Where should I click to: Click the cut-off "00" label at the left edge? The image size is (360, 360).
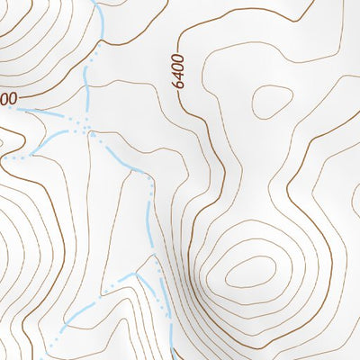(7, 96)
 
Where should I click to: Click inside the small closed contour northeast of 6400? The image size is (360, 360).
(270, 101)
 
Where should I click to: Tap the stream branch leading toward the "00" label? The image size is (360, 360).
(45, 114)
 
